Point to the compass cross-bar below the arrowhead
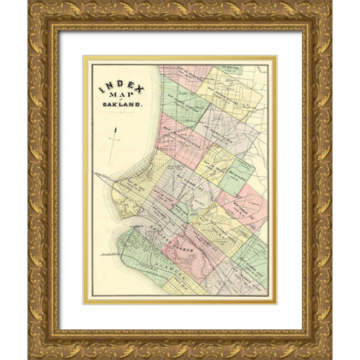(114, 139)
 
